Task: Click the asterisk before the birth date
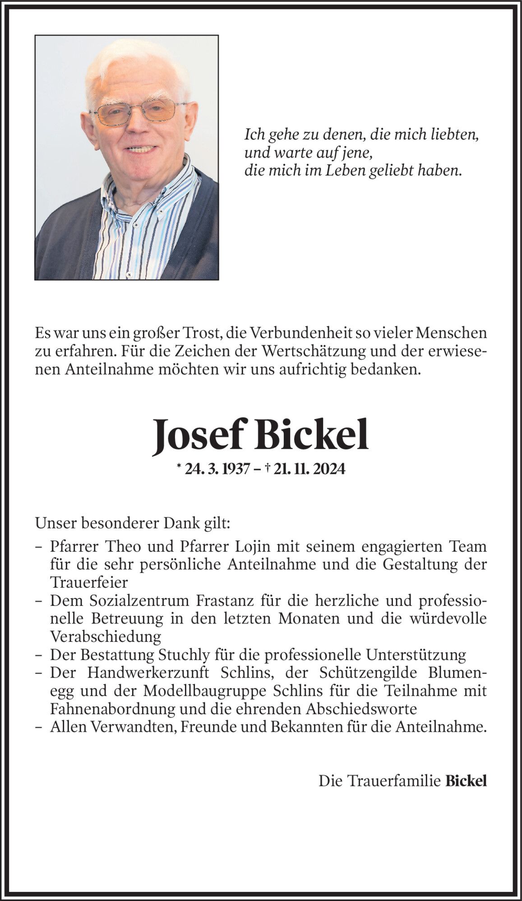click(179, 467)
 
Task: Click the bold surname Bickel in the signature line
click(466, 781)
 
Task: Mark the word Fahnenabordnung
click(112, 709)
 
